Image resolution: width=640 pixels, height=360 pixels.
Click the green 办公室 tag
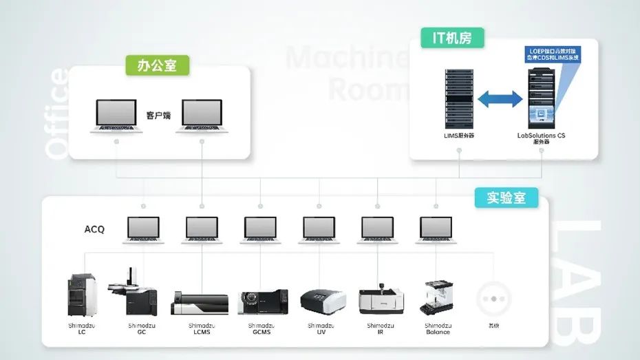coord(157,65)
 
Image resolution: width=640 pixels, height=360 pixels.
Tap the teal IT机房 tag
coord(452,38)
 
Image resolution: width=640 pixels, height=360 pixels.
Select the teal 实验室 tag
coord(506,198)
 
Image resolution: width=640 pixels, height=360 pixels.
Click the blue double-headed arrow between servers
coord(500,98)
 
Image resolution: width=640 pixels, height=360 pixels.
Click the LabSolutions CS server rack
coord(541,96)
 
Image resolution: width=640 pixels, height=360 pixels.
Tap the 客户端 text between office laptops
coord(158,115)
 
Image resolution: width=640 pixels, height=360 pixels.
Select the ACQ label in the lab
coord(94,229)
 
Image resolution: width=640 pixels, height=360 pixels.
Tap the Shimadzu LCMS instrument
coord(200,303)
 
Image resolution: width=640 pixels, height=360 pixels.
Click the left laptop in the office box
coord(116,115)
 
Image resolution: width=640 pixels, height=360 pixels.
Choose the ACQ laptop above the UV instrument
coord(319,230)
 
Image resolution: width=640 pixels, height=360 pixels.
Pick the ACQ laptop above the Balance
coord(436,230)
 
